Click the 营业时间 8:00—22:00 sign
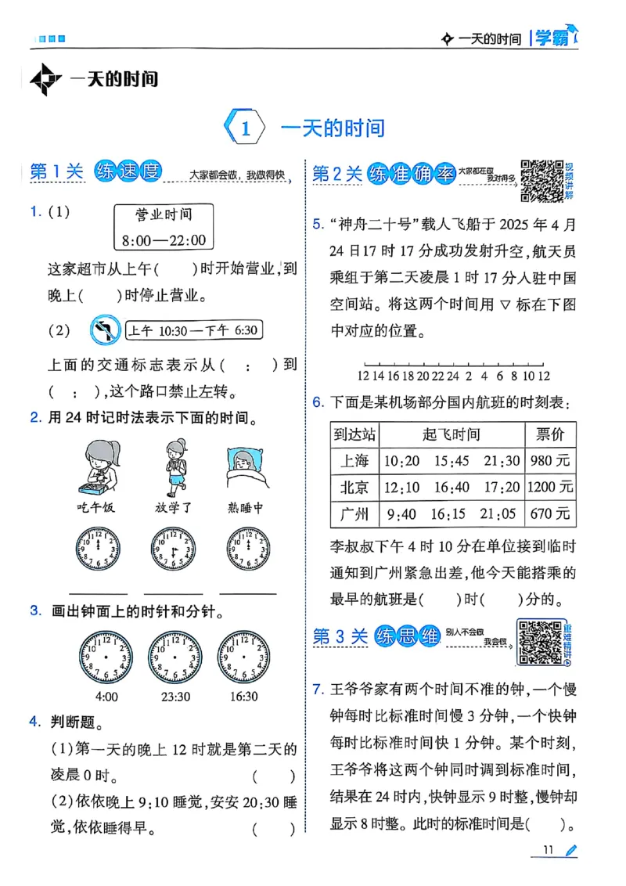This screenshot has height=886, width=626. [164, 227]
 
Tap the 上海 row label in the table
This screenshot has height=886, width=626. [354, 461]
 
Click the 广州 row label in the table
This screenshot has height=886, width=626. [354, 514]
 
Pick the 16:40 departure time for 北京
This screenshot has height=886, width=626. [452, 488]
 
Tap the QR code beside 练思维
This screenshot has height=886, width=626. [540, 642]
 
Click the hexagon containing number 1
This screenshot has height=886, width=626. [245, 128]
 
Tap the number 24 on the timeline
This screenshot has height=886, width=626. [455, 376]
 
